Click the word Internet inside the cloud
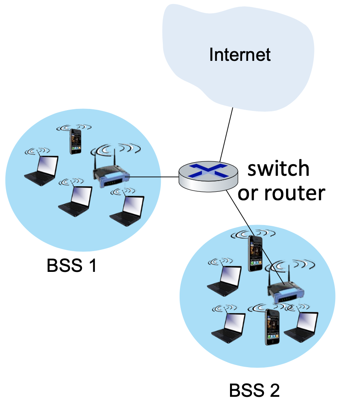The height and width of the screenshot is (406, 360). pyautogui.click(x=240, y=54)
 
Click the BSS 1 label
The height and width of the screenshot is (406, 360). pyautogui.click(x=72, y=266)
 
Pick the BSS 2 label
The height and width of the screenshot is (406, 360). pyautogui.click(x=254, y=390)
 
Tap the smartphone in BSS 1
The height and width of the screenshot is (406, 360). pyautogui.click(x=75, y=141)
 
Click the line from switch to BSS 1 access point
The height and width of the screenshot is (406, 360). pyautogui.click(x=154, y=177)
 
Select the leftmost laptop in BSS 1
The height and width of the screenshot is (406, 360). pyautogui.click(x=42, y=170)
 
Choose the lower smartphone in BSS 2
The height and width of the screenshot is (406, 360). pyautogui.click(x=272, y=326)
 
